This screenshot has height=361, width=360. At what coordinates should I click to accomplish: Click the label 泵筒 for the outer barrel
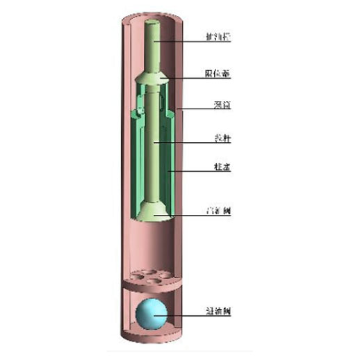coord(221,106)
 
